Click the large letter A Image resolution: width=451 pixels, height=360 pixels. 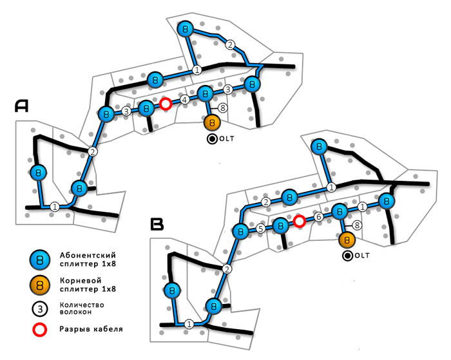click(21, 108)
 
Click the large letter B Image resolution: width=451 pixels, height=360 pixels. click(158, 224)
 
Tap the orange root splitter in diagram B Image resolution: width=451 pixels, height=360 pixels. click(347, 240)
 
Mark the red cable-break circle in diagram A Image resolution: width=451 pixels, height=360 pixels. click(166, 104)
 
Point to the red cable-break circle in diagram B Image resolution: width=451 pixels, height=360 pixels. click(300, 222)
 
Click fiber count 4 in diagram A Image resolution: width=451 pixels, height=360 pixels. click(184, 100)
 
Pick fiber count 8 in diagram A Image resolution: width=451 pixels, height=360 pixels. click(223, 108)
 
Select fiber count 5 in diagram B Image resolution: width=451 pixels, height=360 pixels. click(260, 228)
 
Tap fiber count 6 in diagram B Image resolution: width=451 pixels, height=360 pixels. click(318, 218)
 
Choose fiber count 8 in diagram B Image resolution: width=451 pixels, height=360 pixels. click(357, 225)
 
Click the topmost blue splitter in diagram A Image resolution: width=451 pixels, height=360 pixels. click(186, 29)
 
